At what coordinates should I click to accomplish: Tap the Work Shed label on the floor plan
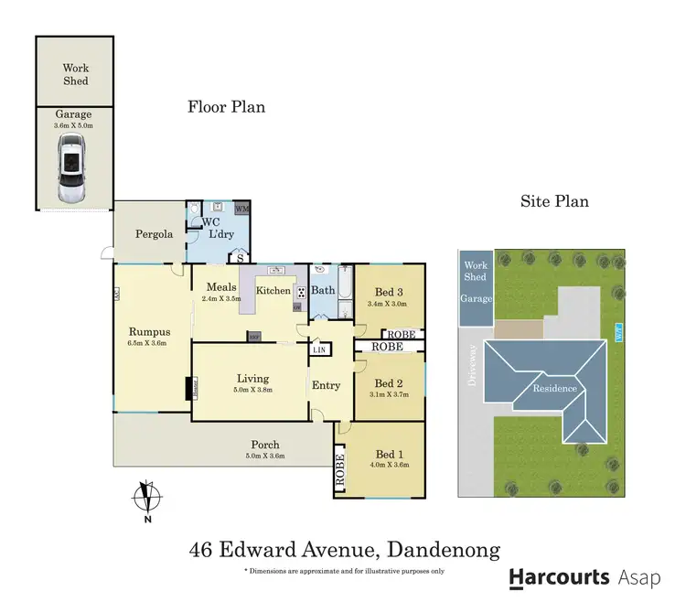click(76, 74)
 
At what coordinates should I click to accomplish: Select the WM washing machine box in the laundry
click(242, 210)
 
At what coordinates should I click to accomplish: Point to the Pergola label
click(154, 234)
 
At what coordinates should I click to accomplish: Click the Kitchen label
click(273, 290)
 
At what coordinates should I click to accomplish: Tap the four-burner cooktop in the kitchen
click(300, 292)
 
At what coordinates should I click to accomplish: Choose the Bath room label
click(323, 290)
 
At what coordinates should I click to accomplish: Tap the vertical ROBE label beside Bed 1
click(338, 468)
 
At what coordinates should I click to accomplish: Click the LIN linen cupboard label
click(319, 350)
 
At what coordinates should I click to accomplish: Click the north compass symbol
click(145, 498)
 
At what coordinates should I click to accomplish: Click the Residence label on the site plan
click(550, 388)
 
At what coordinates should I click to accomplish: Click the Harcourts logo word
click(559, 577)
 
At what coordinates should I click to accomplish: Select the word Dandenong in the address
click(444, 550)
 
